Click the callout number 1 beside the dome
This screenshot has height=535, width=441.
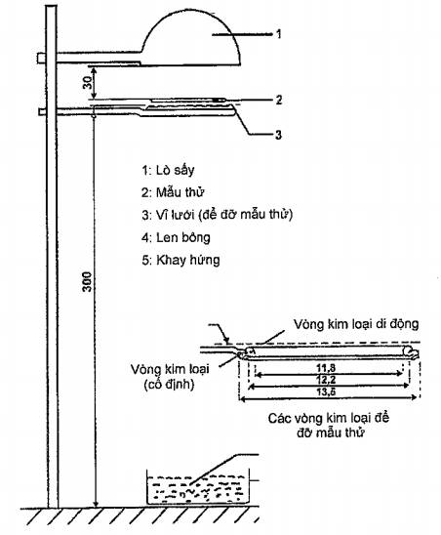(x=279, y=34)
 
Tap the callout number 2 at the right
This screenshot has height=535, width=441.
(x=279, y=100)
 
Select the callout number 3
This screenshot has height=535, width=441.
(x=279, y=135)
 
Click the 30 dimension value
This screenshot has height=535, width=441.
(x=88, y=83)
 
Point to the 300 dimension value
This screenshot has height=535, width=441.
(x=88, y=282)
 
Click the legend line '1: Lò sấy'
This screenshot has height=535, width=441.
(x=168, y=170)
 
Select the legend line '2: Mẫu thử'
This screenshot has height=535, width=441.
(x=173, y=192)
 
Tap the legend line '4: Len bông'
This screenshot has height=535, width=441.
(x=176, y=238)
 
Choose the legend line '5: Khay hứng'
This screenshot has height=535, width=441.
(x=180, y=260)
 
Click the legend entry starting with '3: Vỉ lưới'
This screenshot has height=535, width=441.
(x=218, y=215)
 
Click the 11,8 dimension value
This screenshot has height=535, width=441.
(x=326, y=368)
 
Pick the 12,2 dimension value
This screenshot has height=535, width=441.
(x=326, y=380)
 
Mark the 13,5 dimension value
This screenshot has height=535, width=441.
(x=326, y=391)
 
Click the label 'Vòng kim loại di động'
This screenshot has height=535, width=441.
(x=356, y=324)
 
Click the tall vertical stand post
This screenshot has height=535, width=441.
(x=52, y=256)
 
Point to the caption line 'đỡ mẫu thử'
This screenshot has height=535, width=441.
(x=330, y=433)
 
